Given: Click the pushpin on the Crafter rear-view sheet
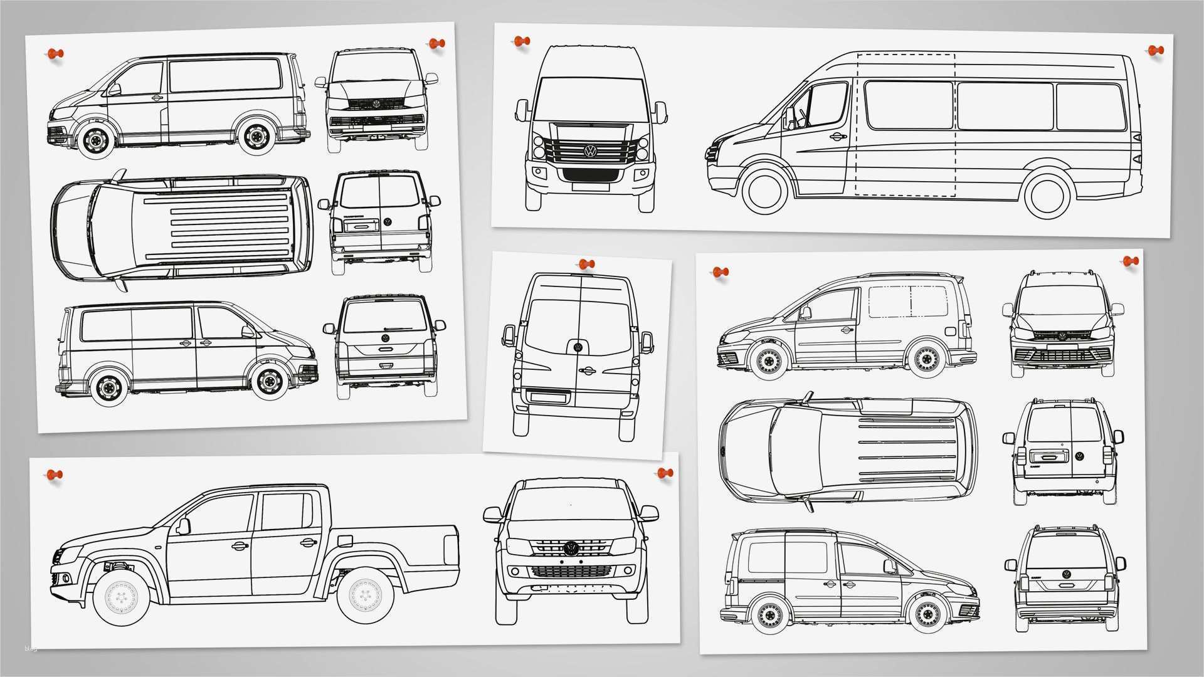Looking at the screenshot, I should coord(586,265).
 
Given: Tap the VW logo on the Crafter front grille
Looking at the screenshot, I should coord(591,151).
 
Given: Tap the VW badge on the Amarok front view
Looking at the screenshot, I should coord(571,547).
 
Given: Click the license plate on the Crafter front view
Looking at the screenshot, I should coord(591,186).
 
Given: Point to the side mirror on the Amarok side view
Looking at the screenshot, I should coord(183,526).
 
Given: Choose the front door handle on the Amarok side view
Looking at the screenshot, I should coord(239,545).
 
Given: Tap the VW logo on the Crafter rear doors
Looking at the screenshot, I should coord(578,347).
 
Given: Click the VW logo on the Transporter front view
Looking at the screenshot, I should coord(377,104).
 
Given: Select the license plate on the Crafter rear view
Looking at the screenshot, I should coord(549,396).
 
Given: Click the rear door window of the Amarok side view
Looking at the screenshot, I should coord(286,511).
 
